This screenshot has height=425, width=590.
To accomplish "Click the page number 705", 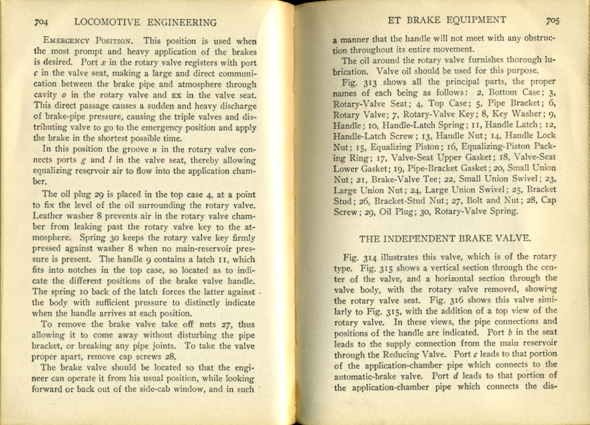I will point(553,21).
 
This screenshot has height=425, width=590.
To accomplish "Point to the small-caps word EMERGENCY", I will point(67,42).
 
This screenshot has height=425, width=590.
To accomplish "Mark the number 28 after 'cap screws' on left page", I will point(170,357).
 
